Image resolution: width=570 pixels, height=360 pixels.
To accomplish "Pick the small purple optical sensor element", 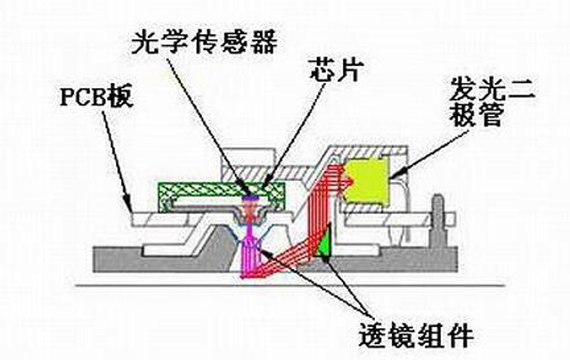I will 250,196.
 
